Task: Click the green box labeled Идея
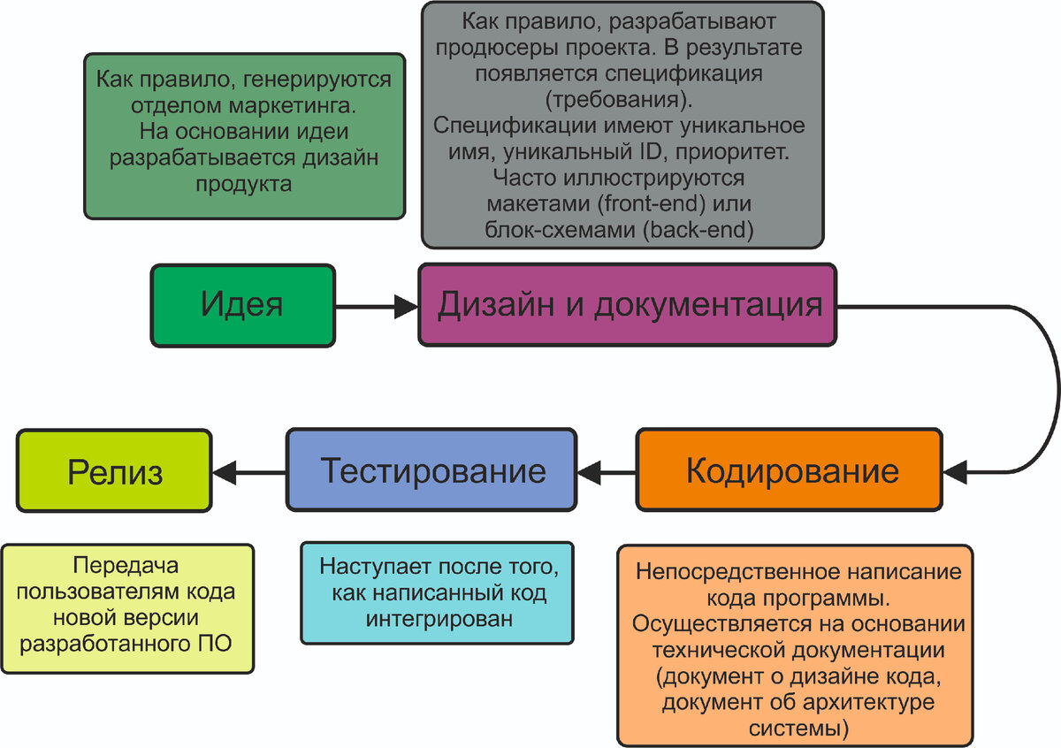tap(242, 305)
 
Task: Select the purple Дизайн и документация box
tap(628, 305)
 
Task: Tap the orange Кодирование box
tap(790, 469)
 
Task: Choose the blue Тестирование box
tap(431, 469)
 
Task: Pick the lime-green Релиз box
tap(115, 471)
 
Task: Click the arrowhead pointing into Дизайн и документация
tap(406, 307)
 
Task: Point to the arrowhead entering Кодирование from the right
tap(955, 473)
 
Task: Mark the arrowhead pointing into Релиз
tap(225, 473)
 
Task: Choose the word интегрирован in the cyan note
tap(439, 619)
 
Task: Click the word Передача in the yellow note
tap(126, 566)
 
